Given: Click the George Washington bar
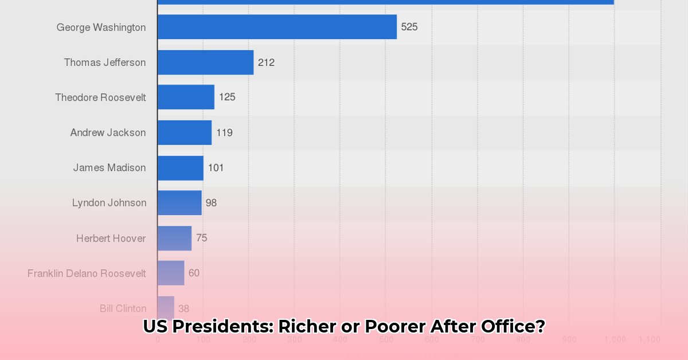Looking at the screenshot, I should pyautogui.click(x=277, y=27).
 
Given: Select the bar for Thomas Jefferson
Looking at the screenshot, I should pyautogui.click(x=205, y=62).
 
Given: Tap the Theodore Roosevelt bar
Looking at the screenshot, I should pyautogui.click(x=186, y=97).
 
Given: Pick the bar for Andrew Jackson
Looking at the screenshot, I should pyautogui.click(x=185, y=132).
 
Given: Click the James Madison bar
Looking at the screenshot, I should pyautogui.click(x=181, y=167).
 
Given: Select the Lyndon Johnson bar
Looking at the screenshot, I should pyautogui.click(x=179, y=202).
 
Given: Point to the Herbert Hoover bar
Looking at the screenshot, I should pyautogui.click(x=174, y=238).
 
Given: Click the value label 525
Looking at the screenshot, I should pyautogui.click(x=409, y=27).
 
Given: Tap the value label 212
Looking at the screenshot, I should pyautogui.click(x=266, y=62).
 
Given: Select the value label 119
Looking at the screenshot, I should pyautogui.click(x=224, y=132).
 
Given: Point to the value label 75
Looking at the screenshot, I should pyautogui.click(x=201, y=238).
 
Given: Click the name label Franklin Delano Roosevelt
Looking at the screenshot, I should pyautogui.click(x=87, y=273).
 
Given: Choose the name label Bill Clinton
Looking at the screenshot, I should pyautogui.click(x=123, y=308).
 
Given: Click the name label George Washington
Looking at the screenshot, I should pyautogui.click(x=101, y=27).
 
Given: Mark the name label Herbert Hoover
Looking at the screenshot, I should pyautogui.click(x=111, y=238).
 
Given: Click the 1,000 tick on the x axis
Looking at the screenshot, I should pyautogui.click(x=614, y=339).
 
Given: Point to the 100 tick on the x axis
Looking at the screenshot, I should pyautogui.click(x=203, y=339).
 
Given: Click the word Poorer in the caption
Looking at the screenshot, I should pyautogui.click(x=390, y=327).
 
